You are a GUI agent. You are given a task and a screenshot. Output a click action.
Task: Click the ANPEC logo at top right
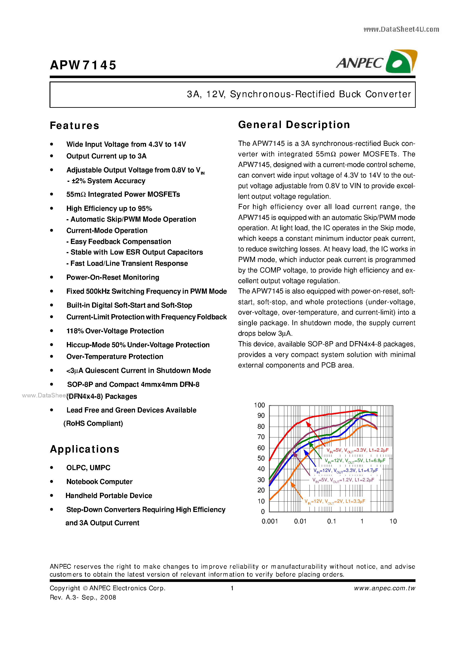[376, 62]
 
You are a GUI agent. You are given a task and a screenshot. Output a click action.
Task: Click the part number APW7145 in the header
[83, 65]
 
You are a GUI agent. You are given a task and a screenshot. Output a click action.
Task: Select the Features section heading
[74, 126]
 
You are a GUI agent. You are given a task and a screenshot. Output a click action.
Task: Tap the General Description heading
[294, 125]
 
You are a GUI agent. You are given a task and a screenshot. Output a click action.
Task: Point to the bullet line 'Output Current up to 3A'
[106, 156]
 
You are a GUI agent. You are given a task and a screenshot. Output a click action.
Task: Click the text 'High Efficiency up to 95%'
[109, 209]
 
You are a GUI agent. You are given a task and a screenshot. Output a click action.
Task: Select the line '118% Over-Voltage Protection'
[115, 331]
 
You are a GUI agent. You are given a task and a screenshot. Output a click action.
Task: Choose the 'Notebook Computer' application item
[99, 482]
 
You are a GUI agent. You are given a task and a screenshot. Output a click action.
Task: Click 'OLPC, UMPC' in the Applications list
[88, 468]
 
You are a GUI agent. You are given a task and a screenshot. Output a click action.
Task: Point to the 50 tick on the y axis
[261, 458]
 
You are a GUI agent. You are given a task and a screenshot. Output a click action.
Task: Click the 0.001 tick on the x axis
[269, 521]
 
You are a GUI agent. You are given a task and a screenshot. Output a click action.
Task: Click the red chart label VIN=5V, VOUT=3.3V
[357, 450]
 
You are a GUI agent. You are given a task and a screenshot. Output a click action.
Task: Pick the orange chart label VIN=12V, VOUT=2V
[334, 501]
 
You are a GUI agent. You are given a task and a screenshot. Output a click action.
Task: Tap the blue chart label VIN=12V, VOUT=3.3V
[345, 471]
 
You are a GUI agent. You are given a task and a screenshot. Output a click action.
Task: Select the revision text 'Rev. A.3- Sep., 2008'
[83, 597]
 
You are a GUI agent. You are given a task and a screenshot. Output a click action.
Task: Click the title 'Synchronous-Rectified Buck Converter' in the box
[320, 94]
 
